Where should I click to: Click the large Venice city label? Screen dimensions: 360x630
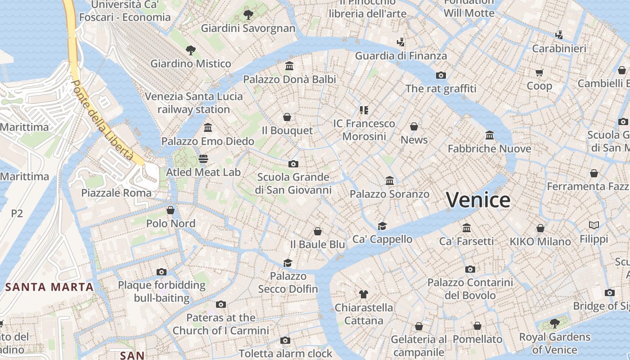478,200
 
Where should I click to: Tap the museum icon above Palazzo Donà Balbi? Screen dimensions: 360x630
289,66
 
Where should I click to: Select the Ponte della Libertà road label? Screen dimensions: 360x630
103,120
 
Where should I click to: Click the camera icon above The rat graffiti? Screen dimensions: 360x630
441,75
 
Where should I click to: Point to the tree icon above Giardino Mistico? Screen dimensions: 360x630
191,50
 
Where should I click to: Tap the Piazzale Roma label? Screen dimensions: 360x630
116,193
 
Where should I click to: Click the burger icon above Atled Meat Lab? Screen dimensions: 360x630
203,159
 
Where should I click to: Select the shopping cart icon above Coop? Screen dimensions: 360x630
539,72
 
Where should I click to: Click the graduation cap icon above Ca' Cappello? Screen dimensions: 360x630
382,226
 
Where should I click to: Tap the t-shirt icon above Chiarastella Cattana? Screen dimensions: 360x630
364,294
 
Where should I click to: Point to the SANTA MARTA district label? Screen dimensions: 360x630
49,287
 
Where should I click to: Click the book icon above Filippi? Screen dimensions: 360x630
594,225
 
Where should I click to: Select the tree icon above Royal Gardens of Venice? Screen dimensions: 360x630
554,323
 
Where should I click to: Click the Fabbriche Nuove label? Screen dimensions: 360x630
489,148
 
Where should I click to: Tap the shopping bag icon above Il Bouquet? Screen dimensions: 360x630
287,117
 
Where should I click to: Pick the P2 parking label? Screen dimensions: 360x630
17,213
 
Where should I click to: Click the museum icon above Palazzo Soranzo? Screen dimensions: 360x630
390,181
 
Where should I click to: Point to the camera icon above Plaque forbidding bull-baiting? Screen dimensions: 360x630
162,272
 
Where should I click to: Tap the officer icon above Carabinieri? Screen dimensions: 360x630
559,35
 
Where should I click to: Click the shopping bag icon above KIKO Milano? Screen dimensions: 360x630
540,228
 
